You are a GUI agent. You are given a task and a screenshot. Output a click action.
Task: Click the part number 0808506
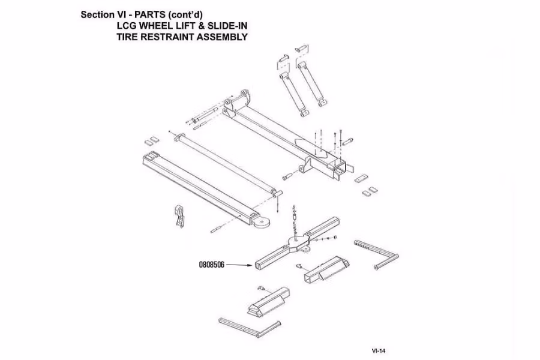[211, 265]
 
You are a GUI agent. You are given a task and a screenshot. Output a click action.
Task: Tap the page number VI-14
[379, 351]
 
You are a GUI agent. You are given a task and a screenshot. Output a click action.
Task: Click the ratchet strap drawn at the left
[180, 215]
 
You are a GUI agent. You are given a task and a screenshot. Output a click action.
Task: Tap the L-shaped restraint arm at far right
[377, 255]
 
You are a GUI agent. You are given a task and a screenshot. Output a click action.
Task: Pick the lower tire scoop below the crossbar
[269, 301]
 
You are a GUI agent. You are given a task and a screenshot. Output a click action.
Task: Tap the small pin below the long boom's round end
[217, 229]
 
